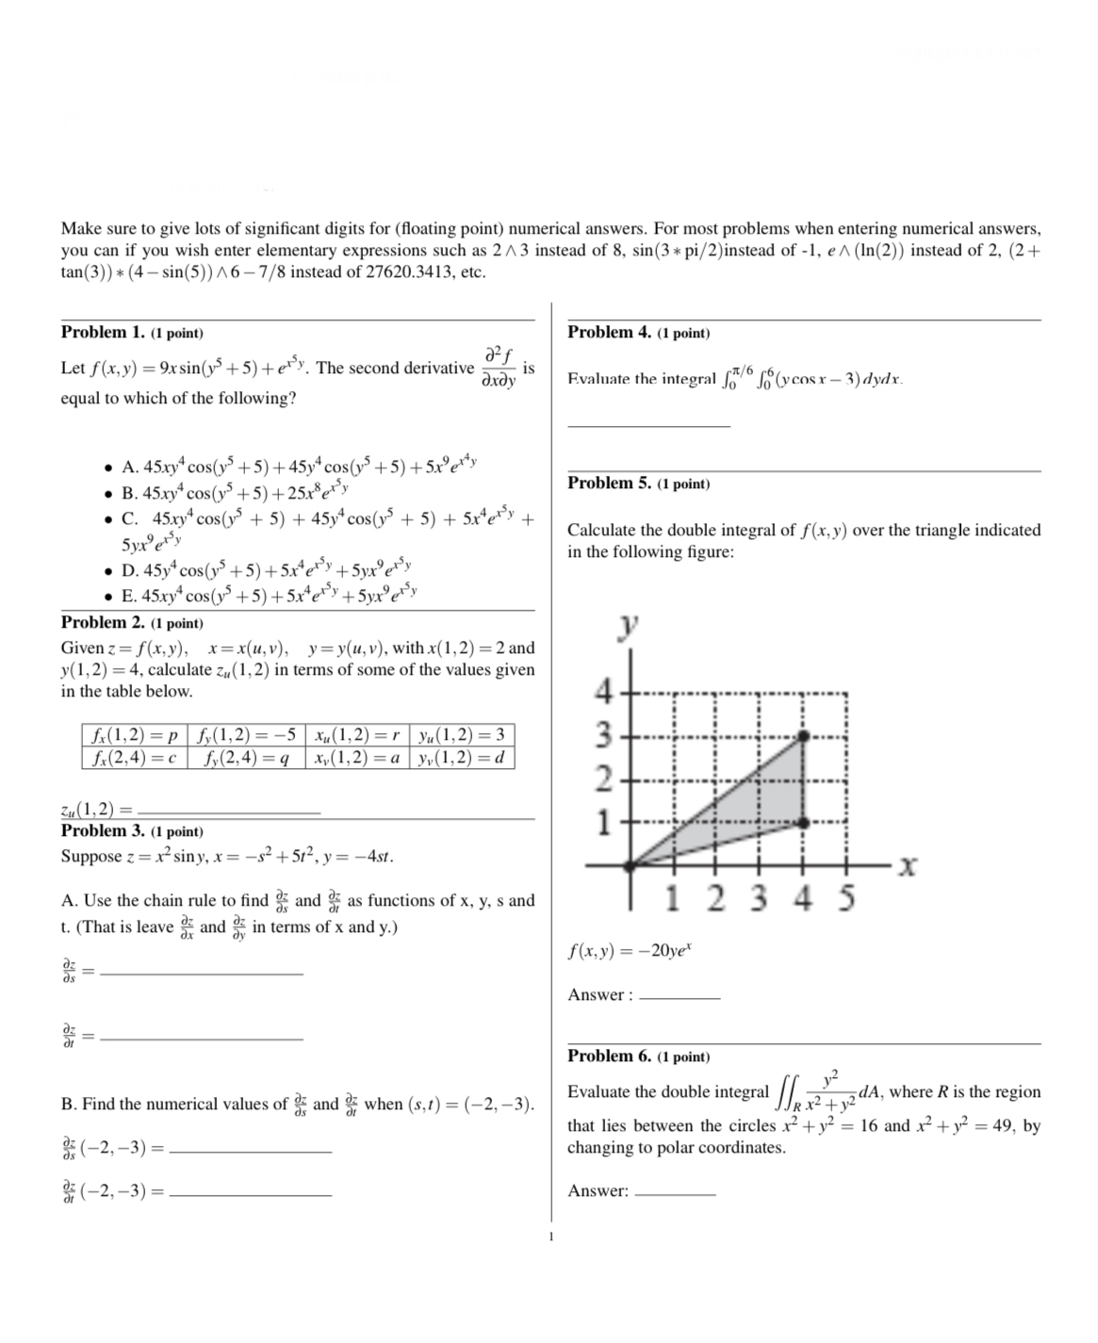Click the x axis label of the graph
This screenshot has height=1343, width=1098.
[907, 865]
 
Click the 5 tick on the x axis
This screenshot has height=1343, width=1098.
[846, 898]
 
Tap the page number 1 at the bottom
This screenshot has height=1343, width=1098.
[550, 1237]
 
